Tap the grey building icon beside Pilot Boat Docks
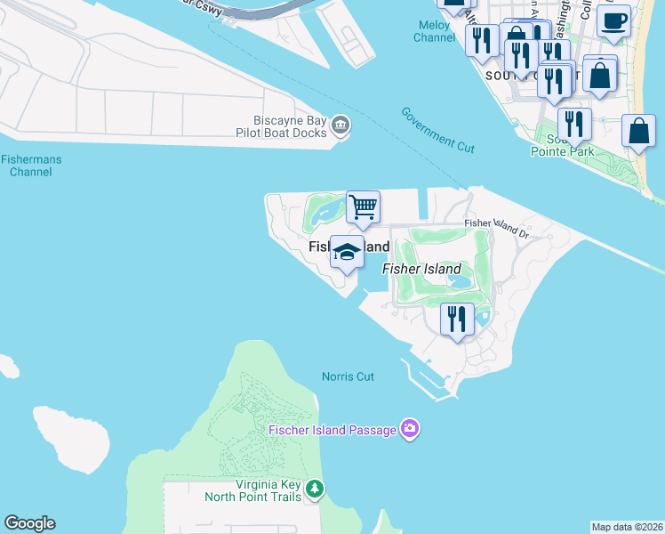click(340, 126)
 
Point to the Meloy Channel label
click(434, 31)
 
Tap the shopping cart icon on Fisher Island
click(363, 208)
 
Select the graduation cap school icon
click(346, 252)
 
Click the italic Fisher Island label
click(421, 269)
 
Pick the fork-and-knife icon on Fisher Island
click(458, 319)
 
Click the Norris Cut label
click(348, 376)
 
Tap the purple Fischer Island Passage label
click(332, 431)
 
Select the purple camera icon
click(409, 430)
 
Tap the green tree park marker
click(315, 489)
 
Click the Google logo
click(29, 523)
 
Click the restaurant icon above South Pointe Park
click(574, 124)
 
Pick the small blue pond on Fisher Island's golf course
click(461, 282)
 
